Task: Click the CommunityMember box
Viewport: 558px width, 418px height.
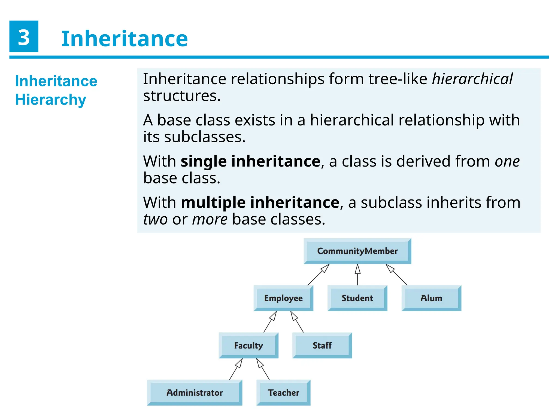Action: coord(357,251)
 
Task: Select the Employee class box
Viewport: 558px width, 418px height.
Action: coord(283,298)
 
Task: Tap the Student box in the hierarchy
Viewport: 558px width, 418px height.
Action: coord(357,298)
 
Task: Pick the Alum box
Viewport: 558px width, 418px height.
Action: coord(431,298)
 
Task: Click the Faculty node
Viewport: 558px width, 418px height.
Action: coord(248,345)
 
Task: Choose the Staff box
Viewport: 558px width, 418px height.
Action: coord(322,345)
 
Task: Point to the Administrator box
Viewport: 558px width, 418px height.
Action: coord(195,392)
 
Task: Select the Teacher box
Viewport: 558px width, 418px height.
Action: coord(283,392)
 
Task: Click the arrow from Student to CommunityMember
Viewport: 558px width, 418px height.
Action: coord(357,275)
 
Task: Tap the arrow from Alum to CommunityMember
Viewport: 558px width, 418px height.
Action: coord(396,275)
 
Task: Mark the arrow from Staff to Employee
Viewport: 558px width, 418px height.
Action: coord(297,322)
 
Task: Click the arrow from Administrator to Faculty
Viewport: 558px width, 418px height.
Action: coord(236,369)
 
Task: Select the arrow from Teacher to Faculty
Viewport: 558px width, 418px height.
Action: coord(263,369)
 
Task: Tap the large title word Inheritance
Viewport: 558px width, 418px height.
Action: coord(125,39)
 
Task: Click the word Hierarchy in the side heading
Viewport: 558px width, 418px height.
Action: coord(51,100)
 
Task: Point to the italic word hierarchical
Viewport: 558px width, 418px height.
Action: coord(472,79)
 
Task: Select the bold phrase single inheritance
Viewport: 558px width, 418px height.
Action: coord(250,161)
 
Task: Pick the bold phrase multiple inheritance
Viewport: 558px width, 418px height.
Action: coord(260,202)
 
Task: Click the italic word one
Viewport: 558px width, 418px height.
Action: coord(507,161)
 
